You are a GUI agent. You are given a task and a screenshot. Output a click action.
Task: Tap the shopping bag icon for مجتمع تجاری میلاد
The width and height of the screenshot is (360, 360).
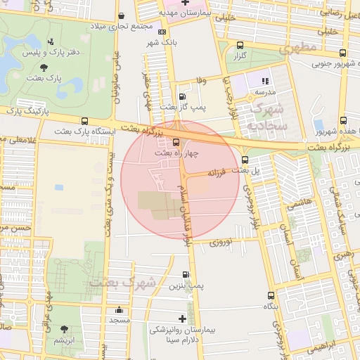(123, 15)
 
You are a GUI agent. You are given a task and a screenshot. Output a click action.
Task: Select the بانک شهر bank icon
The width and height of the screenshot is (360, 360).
(162, 32)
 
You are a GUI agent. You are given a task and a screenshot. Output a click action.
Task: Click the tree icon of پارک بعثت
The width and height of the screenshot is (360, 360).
(44, 67)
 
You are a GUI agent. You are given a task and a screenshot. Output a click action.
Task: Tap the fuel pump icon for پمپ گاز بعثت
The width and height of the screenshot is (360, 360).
(183, 96)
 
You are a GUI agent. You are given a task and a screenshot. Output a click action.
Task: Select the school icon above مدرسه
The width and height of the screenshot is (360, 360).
(265, 82)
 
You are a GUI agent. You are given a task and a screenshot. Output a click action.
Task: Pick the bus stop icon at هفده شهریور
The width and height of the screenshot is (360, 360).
(342, 120)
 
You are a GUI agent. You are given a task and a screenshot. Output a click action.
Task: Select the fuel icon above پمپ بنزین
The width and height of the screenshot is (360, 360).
(186, 275)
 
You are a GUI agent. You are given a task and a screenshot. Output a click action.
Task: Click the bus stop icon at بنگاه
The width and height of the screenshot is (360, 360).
(271, 296)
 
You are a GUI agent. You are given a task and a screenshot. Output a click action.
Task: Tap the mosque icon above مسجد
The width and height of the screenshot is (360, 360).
(119, 309)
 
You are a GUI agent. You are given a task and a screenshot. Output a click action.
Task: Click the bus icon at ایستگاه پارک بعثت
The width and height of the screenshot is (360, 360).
(84, 121)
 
